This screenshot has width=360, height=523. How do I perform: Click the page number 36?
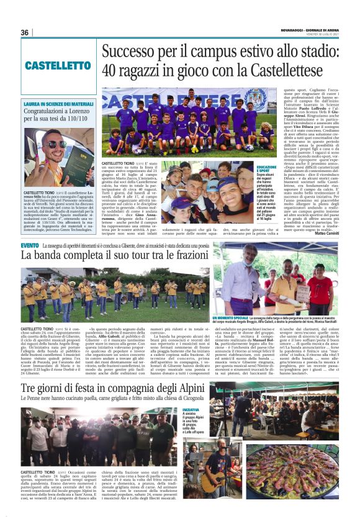(25, 32)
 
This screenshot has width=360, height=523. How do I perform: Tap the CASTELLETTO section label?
(58, 65)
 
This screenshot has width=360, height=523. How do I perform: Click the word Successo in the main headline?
(134, 52)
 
